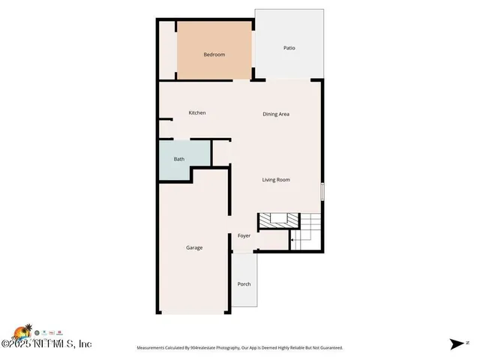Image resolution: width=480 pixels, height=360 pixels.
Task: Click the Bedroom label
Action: [x=214, y=55]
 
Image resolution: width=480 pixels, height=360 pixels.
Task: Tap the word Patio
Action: [x=289, y=48]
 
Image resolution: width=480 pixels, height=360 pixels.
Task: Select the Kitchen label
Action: [x=197, y=113]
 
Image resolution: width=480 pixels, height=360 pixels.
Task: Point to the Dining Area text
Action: [x=276, y=114]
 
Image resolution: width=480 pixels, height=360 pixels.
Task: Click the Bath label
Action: [x=179, y=159]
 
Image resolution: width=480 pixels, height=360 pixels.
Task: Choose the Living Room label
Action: [x=276, y=180]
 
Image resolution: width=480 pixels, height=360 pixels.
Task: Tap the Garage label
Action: [x=194, y=247]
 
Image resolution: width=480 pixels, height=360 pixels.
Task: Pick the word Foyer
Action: [x=244, y=236]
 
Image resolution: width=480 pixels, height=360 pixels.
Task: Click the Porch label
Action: [x=244, y=284]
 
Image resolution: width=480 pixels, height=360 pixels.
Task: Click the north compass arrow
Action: [x=457, y=344]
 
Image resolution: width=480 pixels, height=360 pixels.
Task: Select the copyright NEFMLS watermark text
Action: [x=46, y=344]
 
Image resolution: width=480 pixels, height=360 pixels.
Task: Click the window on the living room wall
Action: [x=322, y=191]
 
